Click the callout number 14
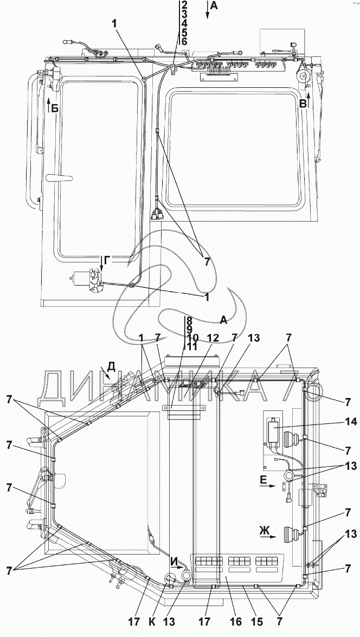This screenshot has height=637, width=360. pos(351,422)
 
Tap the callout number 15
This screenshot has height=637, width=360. pos(256,622)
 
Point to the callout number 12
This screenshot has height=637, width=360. pos(213,338)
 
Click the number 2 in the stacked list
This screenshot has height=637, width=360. pos(184,5)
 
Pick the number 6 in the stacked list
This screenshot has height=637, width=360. pos(184,41)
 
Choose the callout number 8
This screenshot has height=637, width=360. pos(189,319)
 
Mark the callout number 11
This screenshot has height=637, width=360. pos(192,346)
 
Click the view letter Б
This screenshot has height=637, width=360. pos(55,108)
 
